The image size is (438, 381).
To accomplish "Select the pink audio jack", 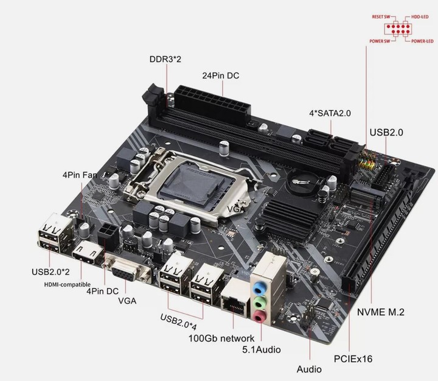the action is (260, 316).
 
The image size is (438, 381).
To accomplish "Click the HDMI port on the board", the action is (87, 254).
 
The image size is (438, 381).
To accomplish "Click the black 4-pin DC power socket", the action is (108, 236).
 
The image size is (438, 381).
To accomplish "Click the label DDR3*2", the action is (165, 59).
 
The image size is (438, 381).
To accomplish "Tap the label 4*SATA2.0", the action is (330, 113).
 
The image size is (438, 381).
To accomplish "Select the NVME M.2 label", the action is (381, 312).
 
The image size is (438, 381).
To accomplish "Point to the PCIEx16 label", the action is (353, 358).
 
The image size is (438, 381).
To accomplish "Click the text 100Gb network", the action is (221, 338).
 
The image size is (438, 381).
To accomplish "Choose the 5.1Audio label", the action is (262, 349).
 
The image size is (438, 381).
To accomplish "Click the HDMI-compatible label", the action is (68, 285).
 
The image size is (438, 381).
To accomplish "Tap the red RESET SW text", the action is (381, 17).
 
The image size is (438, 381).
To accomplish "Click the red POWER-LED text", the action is (422, 41).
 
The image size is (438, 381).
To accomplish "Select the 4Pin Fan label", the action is (80, 175).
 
